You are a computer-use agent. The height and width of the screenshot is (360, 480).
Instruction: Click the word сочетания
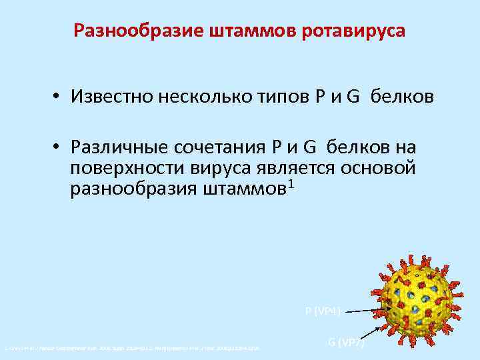(x=221, y=147)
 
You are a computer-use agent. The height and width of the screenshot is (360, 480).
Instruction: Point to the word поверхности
(x=117, y=168)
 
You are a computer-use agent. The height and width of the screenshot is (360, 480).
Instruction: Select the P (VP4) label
(x=323, y=311)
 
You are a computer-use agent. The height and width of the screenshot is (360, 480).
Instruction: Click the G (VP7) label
(x=345, y=343)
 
